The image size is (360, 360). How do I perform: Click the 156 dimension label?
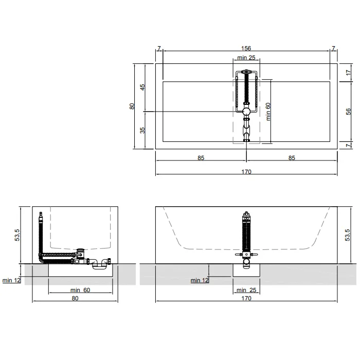[246, 48]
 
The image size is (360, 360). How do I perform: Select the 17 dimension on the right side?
[349, 73]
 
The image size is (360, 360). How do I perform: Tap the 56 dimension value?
[349, 112]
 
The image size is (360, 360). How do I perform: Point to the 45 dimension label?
[142, 87]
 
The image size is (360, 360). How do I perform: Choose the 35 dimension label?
[142, 130]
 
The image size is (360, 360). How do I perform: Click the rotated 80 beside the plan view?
[132, 106]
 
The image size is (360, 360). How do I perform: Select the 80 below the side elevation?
[75, 298]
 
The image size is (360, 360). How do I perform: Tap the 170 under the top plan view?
[246, 172]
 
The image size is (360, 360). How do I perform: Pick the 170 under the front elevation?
[246, 298]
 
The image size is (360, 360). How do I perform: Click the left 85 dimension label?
[201, 158]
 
